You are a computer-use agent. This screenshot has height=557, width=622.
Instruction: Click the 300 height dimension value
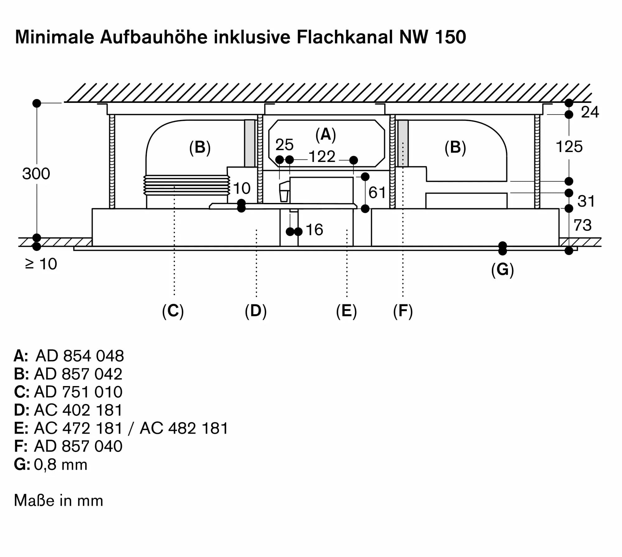point(36,174)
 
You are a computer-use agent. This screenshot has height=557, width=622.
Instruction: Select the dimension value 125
point(569,147)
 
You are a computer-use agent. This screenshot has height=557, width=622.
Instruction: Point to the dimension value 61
point(377,193)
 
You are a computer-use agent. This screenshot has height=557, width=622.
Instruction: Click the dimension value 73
point(582,225)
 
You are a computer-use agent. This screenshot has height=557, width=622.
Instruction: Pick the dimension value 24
point(590,112)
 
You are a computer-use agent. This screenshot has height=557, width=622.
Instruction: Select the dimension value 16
point(314,230)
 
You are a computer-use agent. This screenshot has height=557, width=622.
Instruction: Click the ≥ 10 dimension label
point(41,264)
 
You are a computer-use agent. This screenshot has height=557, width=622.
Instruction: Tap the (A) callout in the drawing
point(326,135)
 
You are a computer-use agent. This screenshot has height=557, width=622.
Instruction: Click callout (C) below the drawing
point(173,311)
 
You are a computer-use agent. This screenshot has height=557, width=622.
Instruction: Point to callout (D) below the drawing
point(256,311)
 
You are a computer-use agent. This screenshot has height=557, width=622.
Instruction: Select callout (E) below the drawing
point(346,311)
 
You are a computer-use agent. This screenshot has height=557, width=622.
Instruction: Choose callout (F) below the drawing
point(403,311)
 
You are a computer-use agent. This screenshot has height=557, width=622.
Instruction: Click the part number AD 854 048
point(80,356)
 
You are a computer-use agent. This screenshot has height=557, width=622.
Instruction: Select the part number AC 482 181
point(184,428)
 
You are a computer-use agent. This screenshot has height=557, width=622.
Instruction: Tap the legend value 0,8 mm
point(61,465)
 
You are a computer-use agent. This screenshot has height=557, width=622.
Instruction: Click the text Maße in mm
point(58,501)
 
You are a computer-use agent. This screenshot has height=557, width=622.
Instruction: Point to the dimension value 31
point(586,201)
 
